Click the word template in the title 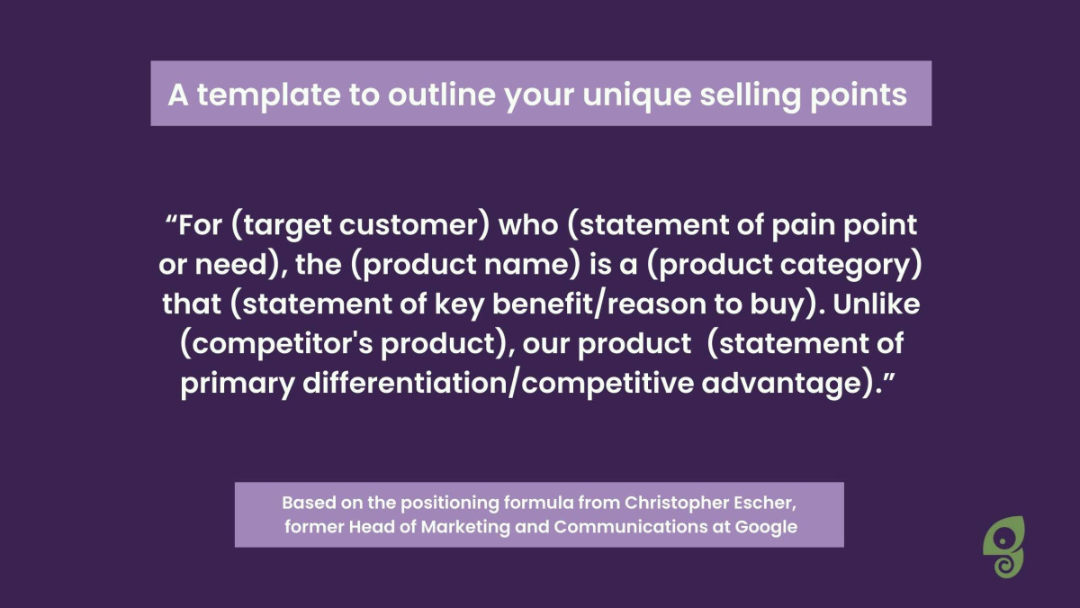coord(268,95)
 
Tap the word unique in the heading coord(637,95)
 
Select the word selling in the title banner coord(751,95)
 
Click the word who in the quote coord(528,225)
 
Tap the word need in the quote coord(230,265)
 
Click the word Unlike coord(876,304)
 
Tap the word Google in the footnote coord(766,527)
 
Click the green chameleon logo coord(1003,546)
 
